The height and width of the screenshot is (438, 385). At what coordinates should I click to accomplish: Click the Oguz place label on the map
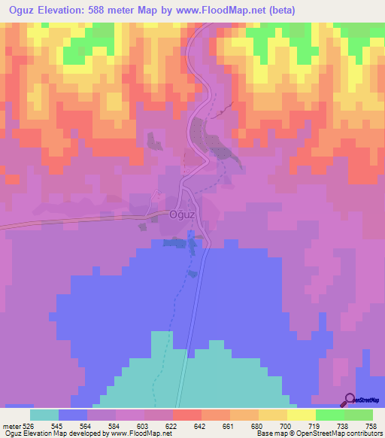[183, 214]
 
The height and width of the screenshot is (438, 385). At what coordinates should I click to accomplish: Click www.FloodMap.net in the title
[226, 11]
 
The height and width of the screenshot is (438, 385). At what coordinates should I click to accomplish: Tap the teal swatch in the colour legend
[44, 415]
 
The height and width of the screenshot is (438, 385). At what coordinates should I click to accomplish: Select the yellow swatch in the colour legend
[273, 415]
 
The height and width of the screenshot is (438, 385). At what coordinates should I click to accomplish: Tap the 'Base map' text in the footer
[271, 434]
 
